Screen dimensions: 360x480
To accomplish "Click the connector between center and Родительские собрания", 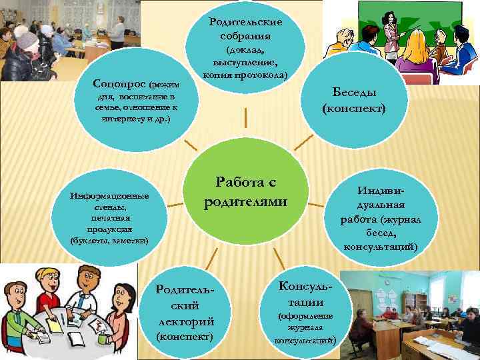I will pyautogui.click(x=246, y=117).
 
